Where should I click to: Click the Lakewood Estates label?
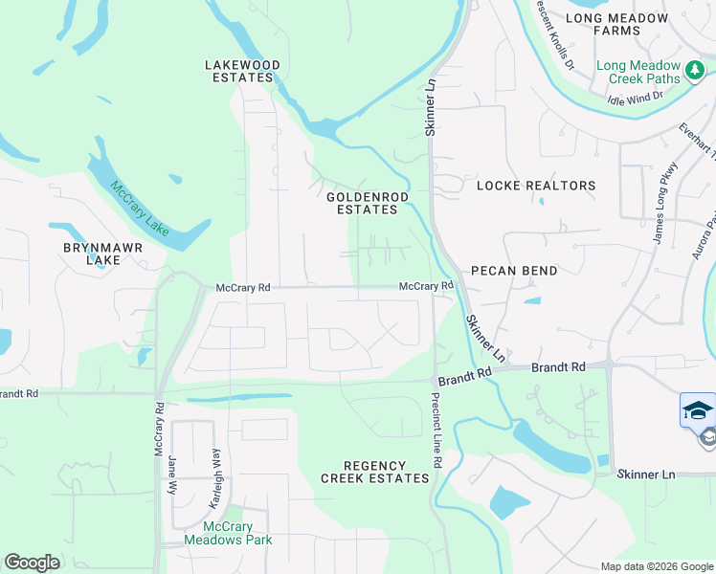pos(243,72)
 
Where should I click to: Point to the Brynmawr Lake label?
pos(92,253)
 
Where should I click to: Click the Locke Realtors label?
pos(536,186)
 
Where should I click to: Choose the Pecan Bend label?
pos(514,271)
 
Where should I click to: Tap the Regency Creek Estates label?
pos(374,471)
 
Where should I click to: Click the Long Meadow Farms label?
pos(615,24)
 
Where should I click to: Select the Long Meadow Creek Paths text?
pos(638,72)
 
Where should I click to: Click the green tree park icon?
pos(695,71)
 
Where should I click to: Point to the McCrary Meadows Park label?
pos(237,534)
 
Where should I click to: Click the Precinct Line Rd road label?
pos(436,432)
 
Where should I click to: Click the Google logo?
pos(32,563)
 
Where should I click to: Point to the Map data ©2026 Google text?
pos(656,566)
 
